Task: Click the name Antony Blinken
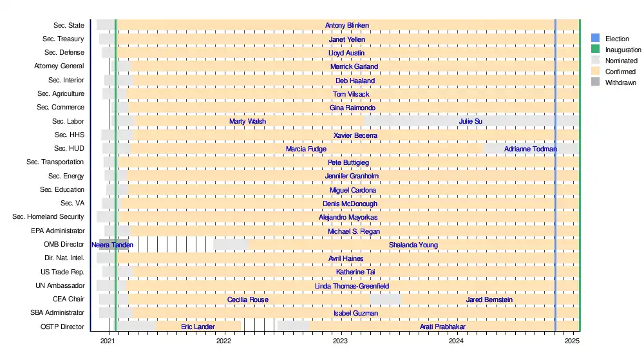point(347,26)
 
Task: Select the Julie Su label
point(470,121)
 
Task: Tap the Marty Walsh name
point(247,121)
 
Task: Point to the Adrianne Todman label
point(531,149)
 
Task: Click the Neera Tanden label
point(112,245)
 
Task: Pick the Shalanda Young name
point(413,245)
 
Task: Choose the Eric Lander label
point(198,327)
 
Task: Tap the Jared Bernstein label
point(489,299)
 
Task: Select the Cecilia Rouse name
point(248,299)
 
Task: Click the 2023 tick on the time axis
point(340,341)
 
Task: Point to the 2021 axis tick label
point(108,341)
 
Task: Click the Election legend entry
point(617,39)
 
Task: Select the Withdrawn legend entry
point(621,83)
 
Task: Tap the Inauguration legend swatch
point(595,50)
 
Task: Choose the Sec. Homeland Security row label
point(48,217)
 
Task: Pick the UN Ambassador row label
point(60,285)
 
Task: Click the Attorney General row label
point(59,66)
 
